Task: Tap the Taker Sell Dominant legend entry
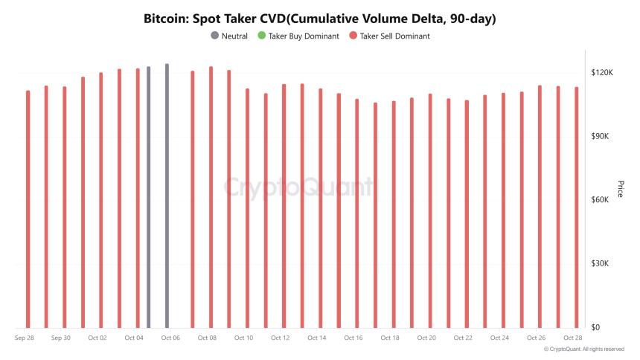coord(394,36)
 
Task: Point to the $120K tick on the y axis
coord(601,73)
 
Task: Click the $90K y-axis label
coord(601,137)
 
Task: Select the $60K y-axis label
coord(601,200)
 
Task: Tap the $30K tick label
coord(601,264)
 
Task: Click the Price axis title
coord(620,190)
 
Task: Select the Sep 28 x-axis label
coord(25,338)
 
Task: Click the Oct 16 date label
coord(353,338)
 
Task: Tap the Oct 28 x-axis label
coord(572,338)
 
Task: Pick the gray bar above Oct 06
coord(167,197)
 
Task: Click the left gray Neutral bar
coord(148,197)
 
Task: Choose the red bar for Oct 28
coord(576,208)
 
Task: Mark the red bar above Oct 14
coord(321,209)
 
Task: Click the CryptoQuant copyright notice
coord(584,349)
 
